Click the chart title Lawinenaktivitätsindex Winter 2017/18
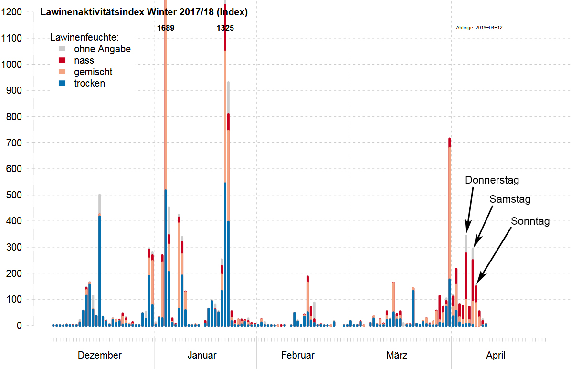[143, 12]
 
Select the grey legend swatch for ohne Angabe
[62, 49]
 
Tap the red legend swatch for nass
[62, 60]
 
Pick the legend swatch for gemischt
[62, 72]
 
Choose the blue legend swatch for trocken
[62, 83]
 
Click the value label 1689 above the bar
[166, 28]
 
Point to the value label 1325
[225, 28]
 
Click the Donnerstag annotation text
[492, 180]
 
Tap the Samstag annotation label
[510, 199]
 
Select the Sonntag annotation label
[530, 221]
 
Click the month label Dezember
[100, 355]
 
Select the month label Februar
[298, 355]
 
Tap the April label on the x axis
[496, 355]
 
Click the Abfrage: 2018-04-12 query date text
[479, 28]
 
